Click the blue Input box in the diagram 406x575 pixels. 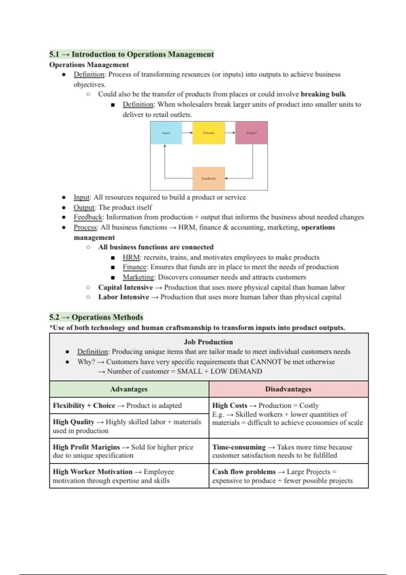pyautogui.click(x=166, y=133)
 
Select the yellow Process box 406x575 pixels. pyautogui.click(x=208, y=133)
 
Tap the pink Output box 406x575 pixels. pyautogui.click(x=251, y=133)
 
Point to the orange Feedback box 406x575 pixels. pyautogui.click(x=208, y=178)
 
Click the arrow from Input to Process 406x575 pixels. pyautogui.click(x=187, y=133)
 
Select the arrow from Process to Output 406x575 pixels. pyautogui.click(x=230, y=133)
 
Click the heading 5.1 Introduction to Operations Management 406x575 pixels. pyautogui.click(x=132, y=54)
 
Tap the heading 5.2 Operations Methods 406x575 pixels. pyautogui.click(x=96, y=317)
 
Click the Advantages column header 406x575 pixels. pyautogui.click(x=129, y=389)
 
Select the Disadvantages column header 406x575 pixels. pyautogui.click(x=288, y=389)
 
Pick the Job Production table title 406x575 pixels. pyautogui.click(x=208, y=342)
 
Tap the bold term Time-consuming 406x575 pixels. pyautogui.click(x=239, y=447)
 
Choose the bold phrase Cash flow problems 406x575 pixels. pyautogui.click(x=244, y=471)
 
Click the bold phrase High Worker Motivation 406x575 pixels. pyautogui.click(x=93, y=471)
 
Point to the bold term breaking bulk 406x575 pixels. pyautogui.click(x=323, y=94)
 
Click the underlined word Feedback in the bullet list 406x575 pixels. pyautogui.click(x=88, y=217)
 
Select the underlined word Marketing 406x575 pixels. pyautogui.click(x=138, y=277)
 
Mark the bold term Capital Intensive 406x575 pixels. pyautogui.click(x=126, y=287)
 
